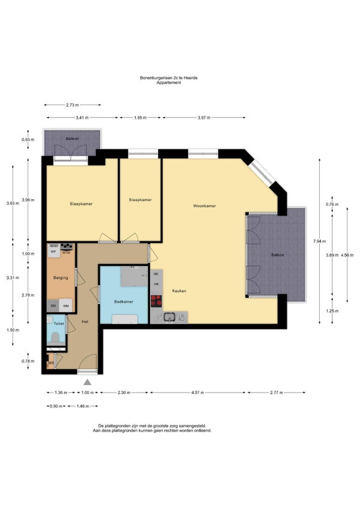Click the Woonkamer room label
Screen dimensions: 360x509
tap(204, 206)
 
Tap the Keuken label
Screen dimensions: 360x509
tap(179, 291)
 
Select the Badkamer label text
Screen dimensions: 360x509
tap(124, 301)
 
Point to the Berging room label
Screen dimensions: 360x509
tap(61, 278)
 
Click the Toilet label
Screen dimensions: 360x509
tap(59, 324)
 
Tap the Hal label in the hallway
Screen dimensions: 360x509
tap(85, 322)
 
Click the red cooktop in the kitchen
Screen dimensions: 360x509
tap(156, 301)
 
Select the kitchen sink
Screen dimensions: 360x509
tap(169, 316)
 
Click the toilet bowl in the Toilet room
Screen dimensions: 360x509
tap(56, 337)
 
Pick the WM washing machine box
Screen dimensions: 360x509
tap(66, 306)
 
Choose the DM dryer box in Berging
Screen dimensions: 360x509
tap(53, 306)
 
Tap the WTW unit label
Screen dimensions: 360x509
tap(66, 252)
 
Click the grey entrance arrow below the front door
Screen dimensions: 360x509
tap(88, 382)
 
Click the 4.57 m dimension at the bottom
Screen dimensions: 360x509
tap(197, 393)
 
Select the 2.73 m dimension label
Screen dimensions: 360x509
tap(72, 105)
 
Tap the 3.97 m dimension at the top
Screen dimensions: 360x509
tap(204, 118)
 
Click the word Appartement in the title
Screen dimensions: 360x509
tap(169, 82)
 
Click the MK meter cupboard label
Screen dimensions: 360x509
tap(51, 363)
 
